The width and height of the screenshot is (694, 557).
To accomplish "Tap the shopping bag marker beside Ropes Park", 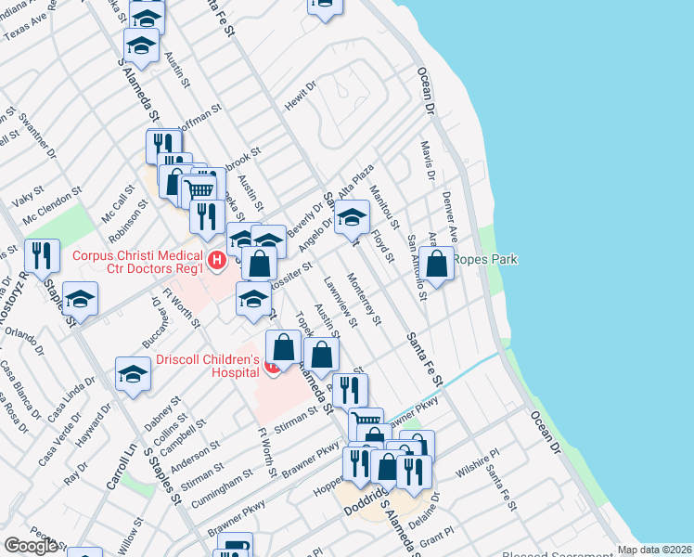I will [x=436, y=263].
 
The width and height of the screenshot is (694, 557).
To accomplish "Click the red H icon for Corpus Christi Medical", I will [x=217, y=261].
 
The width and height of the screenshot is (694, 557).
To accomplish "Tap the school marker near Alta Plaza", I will [x=352, y=217].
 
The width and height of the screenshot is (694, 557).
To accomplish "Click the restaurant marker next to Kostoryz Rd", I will [x=40, y=254].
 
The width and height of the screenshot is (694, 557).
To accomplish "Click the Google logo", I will [x=30, y=545].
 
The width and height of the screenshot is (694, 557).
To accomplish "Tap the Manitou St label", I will [x=383, y=207].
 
